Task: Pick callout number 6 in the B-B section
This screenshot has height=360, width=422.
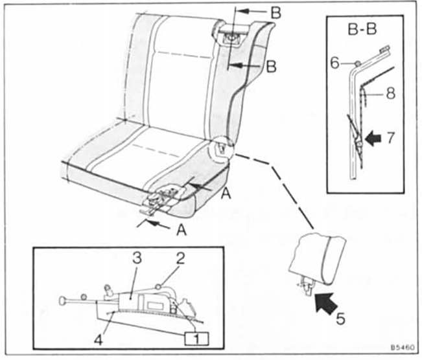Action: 335,63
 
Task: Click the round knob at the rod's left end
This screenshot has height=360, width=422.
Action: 64,301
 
